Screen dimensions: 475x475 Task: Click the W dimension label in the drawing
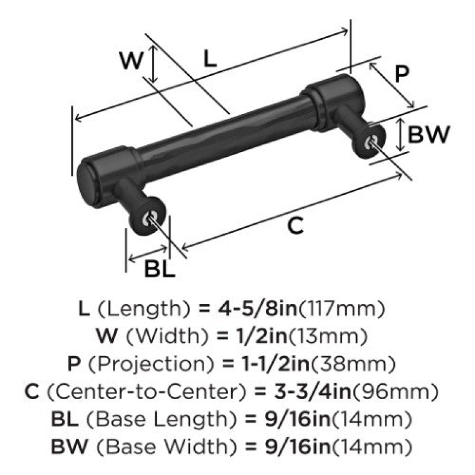[131, 61]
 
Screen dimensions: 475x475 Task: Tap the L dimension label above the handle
[210, 59]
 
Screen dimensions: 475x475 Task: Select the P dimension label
[402, 74]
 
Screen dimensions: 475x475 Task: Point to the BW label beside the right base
[429, 134]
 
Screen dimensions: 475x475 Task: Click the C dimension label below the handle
[295, 226]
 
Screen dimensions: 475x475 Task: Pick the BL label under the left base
[160, 269]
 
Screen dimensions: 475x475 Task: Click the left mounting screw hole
[149, 218]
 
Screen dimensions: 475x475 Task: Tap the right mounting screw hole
[372, 142]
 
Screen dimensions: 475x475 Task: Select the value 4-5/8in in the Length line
[257, 309]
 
